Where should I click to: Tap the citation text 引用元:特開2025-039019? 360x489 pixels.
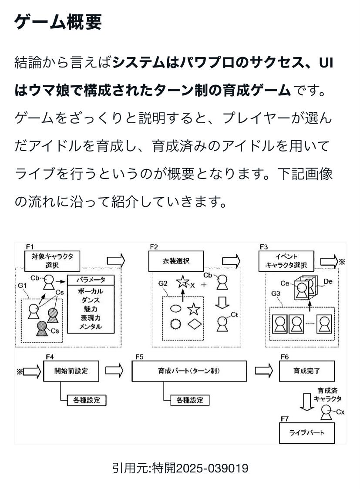pyautogui.click(x=180, y=469)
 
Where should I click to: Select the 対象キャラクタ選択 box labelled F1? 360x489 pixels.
pyautogui.click(x=52, y=260)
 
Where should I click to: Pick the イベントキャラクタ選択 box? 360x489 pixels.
pyautogui.click(x=286, y=261)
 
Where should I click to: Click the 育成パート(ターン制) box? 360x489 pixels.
pyautogui.click(x=189, y=371)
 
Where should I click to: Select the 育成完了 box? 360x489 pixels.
pyautogui.click(x=306, y=371)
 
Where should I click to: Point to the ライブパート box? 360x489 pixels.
pyautogui.click(x=306, y=433)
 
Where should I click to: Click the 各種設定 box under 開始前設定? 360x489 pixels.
pyautogui.click(x=87, y=400)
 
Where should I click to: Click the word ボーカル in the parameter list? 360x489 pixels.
pyautogui.click(x=91, y=291)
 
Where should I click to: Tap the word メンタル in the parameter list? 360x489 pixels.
pyautogui.click(x=91, y=326)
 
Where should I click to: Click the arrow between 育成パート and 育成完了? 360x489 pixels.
pyautogui.click(x=264, y=371)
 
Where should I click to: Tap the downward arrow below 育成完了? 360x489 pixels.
pyautogui.click(x=307, y=402)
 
